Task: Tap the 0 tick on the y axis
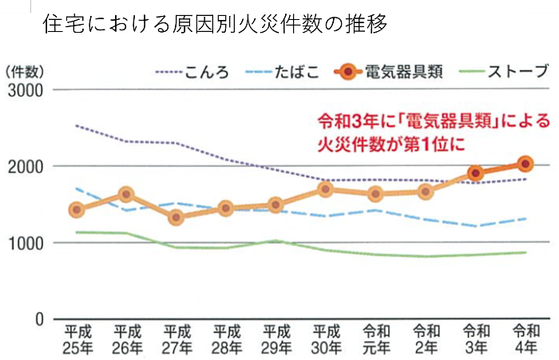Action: click(38, 318)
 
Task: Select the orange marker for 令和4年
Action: click(525, 164)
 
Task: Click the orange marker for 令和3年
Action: click(476, 173)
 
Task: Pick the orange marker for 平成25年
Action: click(77, 210)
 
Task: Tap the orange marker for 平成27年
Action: click(176, 216)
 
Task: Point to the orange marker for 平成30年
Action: click(326, 189)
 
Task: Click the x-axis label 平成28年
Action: click(227, 338)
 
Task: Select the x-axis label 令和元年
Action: click(375, 338)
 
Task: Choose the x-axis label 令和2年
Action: click(426, 338)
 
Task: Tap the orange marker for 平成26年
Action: click(126, 194)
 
